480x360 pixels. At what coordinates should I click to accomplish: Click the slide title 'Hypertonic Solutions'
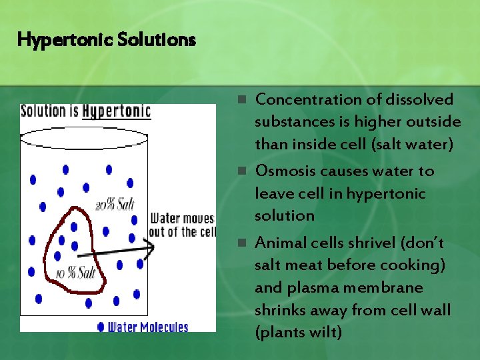coord(107,40)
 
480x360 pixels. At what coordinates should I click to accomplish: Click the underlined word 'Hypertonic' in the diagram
coord(117,111)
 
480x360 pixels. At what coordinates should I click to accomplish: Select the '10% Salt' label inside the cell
coord(77,272)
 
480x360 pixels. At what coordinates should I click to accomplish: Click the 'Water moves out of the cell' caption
coord(182,225)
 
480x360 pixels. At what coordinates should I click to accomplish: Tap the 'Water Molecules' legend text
coord(148,327)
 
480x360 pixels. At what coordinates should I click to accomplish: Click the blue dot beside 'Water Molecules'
coord(101,327)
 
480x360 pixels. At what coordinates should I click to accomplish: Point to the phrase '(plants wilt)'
coord(298,332)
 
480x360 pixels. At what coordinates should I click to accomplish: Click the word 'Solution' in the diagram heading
coord(45,111)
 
